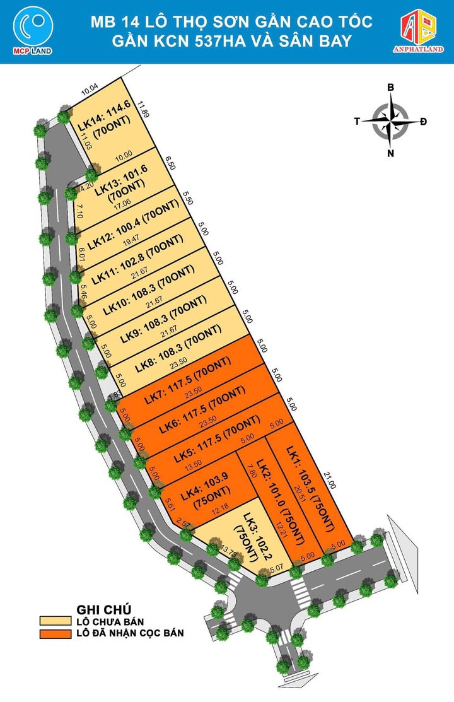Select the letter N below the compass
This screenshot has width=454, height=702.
pyautogui.click(x=391, y=153)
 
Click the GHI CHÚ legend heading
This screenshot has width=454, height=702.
pyautogui.click(x=103, y=609)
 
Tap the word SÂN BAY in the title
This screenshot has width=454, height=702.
pyautogui.click(x=306, y=42)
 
